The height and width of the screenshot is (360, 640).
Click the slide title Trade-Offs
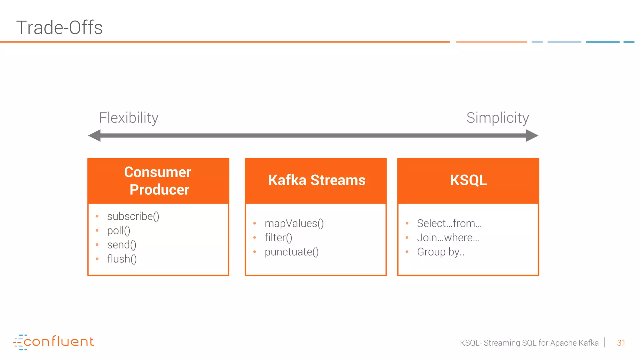coord(59,27)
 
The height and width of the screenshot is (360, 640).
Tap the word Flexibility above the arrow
coord(128,118)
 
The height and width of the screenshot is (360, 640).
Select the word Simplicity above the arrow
coord(497,118)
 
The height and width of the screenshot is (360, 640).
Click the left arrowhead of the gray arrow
coord(95,136)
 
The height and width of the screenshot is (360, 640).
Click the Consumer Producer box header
coord(158,181)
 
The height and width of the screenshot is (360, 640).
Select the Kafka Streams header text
coord(317,180)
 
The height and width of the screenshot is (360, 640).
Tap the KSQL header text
coord(468,180)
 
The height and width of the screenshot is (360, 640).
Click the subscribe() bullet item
coord(133,216)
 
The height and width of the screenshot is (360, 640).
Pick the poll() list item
coord(118,231)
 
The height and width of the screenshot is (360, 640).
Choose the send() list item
coord(122,245)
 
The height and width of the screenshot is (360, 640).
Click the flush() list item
coord(122,259)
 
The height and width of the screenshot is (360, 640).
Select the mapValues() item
coord(294,223)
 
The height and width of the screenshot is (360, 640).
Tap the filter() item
coord(278,238)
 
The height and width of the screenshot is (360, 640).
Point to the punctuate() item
coord(291,252)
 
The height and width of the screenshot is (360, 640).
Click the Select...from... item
coord(449,223)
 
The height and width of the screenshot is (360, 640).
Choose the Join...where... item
coord(448,238)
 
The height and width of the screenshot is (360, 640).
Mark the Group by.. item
coord(441,252)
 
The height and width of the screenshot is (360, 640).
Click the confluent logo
coord(54,342)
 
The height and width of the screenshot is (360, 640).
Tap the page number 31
coord(621,343)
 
